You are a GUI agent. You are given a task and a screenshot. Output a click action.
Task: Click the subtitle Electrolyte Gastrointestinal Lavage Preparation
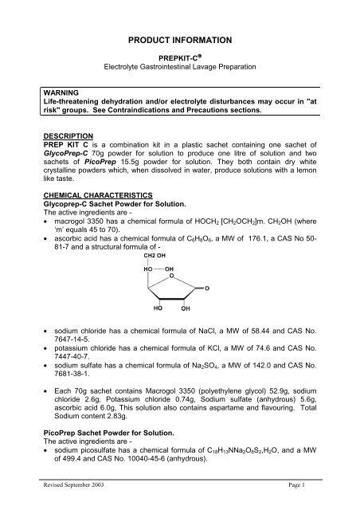179,65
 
